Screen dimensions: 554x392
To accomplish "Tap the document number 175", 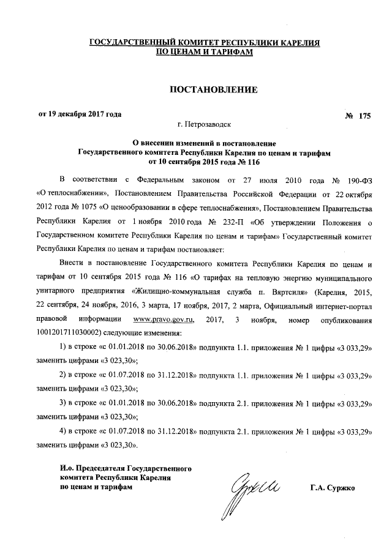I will (365, 116).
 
